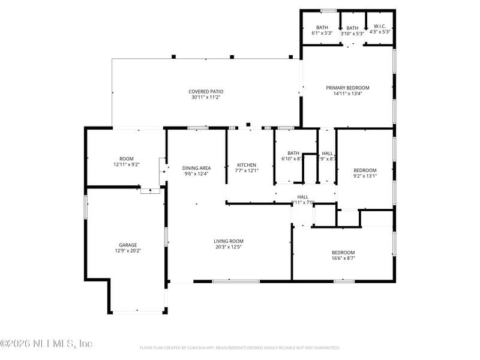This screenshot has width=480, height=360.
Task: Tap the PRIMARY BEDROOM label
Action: point(347,88)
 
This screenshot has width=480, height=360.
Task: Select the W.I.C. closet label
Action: point(379,26)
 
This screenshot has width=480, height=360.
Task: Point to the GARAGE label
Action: point(127,245)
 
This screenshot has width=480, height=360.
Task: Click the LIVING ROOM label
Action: point(229,241)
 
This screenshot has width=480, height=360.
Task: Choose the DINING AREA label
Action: point(197,168)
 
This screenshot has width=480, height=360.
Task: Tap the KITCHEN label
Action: point(247,165)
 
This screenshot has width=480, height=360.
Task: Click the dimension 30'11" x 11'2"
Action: point(206,97)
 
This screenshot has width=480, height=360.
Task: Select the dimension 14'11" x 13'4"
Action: point(347,94)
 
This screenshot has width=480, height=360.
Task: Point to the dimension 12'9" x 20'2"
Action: point(127,251)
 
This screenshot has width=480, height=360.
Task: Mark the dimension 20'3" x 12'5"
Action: point(229,247)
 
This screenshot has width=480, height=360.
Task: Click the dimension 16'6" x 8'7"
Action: point(343,258)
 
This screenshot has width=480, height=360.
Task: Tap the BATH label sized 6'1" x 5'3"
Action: point(322,27)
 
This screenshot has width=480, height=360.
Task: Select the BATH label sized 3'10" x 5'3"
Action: point(352,28)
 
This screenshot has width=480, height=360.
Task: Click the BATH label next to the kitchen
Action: point(293,153)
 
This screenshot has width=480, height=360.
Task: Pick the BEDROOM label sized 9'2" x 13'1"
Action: point(365,170)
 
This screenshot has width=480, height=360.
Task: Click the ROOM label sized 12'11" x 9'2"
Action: point(127,158)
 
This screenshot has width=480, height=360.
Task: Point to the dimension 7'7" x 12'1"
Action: point(247,170)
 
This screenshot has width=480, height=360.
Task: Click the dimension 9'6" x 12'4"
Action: point(197,174)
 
